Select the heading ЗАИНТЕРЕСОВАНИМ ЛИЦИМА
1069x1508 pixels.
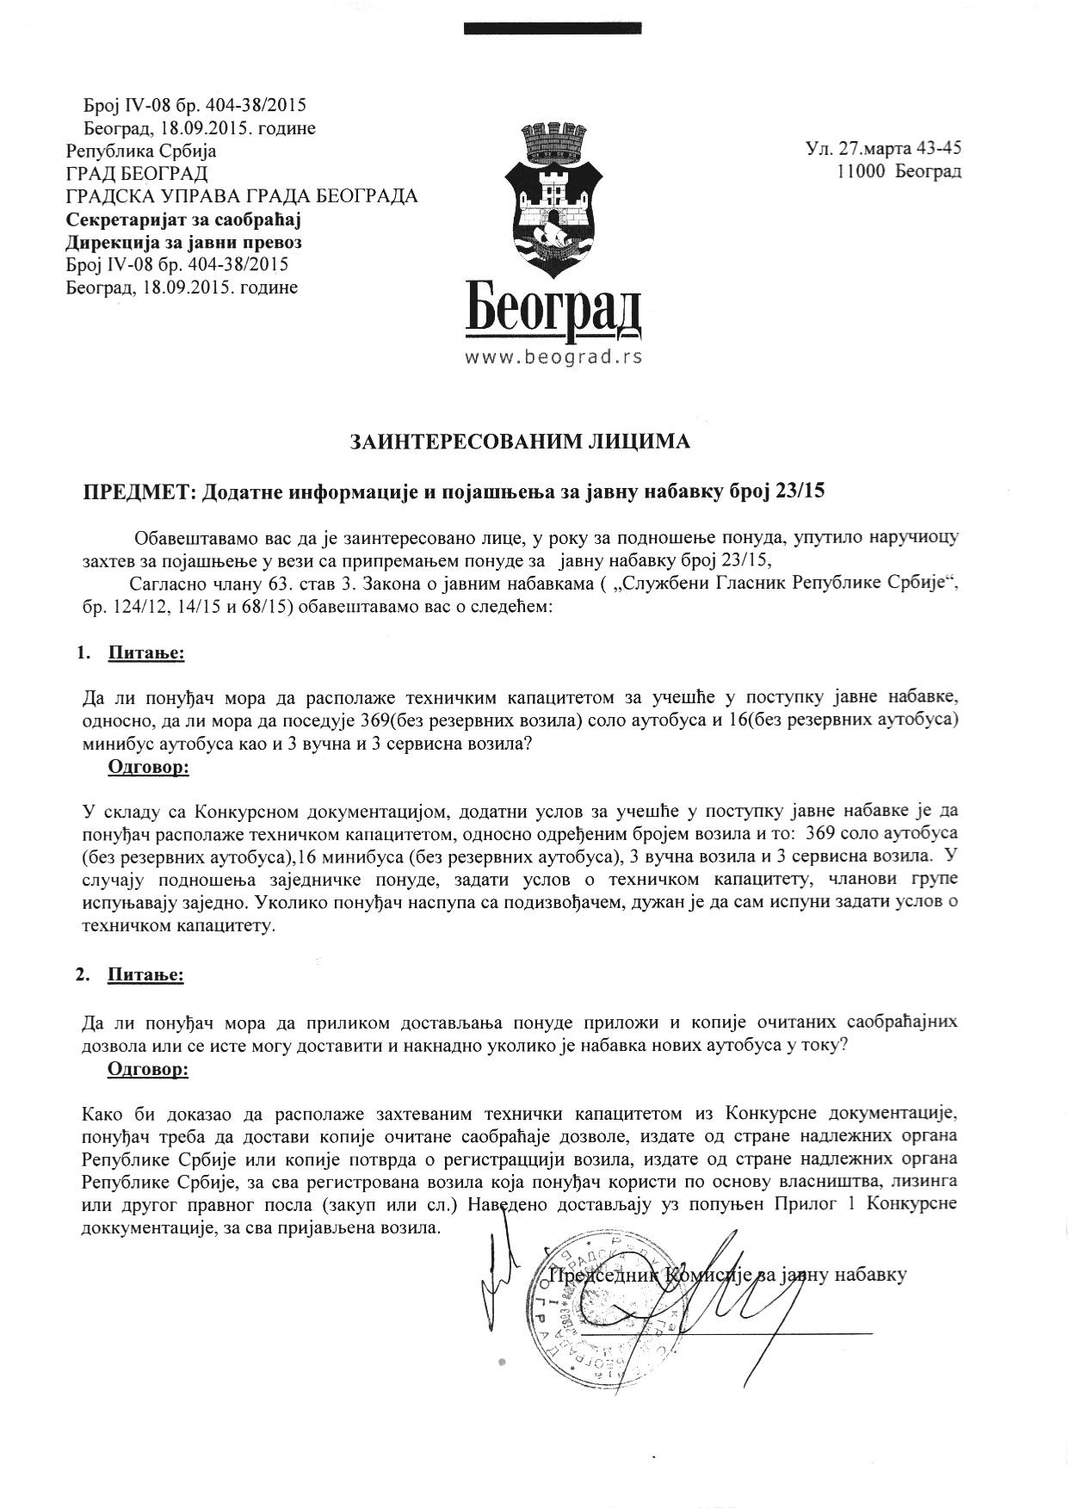pos(520,442)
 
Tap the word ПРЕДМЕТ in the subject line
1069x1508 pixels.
pos(139,491)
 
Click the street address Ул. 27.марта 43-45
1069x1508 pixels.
pos(884,148)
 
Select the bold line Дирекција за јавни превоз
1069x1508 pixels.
pos(184,242)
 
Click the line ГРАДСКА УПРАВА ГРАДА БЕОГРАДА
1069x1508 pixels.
pos(242,196)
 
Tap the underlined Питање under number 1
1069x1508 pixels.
pos(145,653)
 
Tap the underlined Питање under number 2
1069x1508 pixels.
pos(145,975)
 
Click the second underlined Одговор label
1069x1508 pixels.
pos(148,1069)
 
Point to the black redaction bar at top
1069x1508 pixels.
pos(552,28)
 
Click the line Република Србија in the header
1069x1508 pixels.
pos(142,151)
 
